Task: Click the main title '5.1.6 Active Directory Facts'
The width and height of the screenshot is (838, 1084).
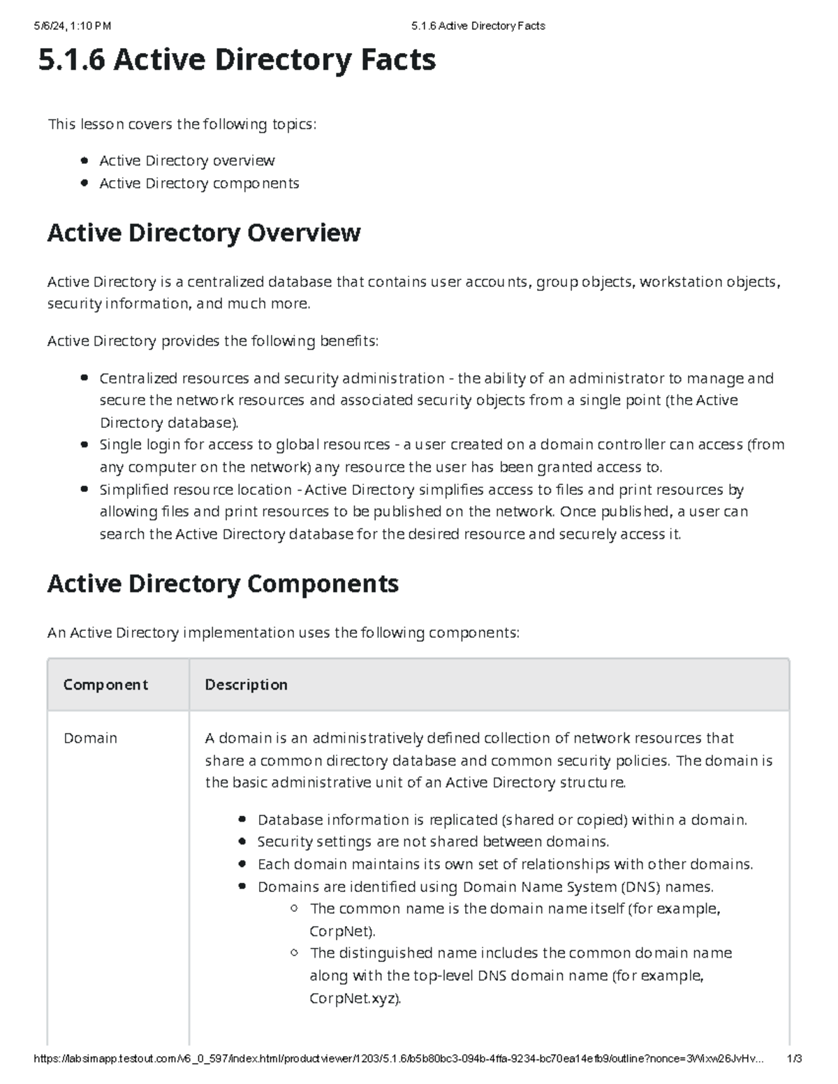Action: (237, 60)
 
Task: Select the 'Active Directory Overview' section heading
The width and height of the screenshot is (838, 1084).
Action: (203, 232)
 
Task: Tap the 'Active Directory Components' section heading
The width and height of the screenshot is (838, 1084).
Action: (223, 584)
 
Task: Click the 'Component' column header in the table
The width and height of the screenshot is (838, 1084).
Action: (105, 685)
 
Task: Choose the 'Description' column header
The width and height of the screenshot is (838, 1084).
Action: (246, 685)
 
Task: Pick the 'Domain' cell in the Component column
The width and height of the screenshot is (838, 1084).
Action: (90, 738)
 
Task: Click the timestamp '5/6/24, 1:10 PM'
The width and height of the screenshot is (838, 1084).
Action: (72, 26)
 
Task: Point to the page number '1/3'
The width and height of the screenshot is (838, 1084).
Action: (794, 1058)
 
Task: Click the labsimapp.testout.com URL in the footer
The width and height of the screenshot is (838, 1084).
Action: (398, 1058)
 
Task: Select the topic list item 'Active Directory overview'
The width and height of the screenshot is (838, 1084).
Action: (186, 161)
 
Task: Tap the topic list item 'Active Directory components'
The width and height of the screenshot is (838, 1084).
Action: (199, 183)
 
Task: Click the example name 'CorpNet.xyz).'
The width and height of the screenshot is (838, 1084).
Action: (355, 998)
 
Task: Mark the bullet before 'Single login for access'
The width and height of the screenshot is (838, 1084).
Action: (84, 445)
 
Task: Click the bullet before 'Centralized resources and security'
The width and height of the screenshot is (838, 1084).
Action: (84, 378)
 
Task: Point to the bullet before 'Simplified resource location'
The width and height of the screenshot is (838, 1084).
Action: (84, 489)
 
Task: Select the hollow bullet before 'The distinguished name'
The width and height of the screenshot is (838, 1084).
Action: (295, 953)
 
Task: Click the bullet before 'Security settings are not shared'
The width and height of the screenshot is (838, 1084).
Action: (242, 842)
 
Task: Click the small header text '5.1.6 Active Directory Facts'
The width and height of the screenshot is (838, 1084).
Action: (478, 26)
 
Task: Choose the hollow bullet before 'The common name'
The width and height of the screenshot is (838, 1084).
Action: (295, 909)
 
